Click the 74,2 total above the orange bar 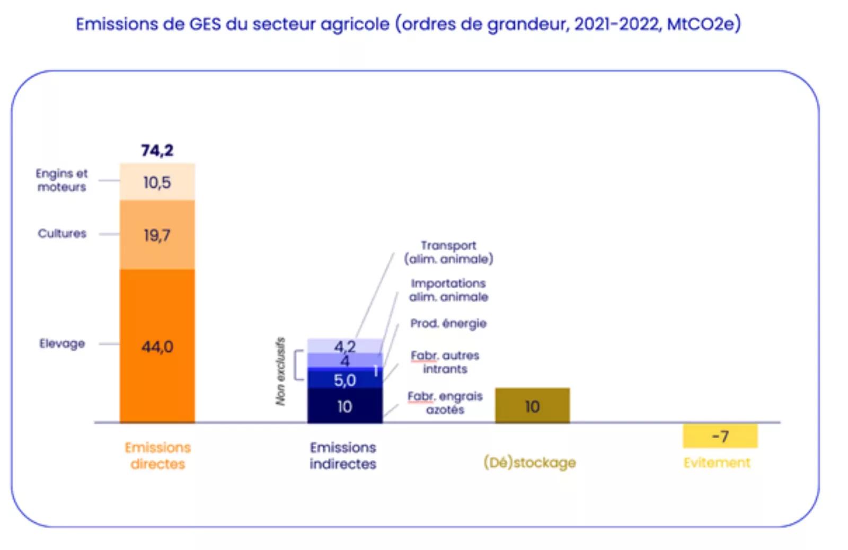pyautogui.click(x=157, y=150)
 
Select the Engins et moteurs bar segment pyautogui.click(x=157, y=182)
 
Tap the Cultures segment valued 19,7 pyautogui.click(x=157, y=235)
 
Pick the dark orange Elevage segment pyautogui.click(x=157, y=345)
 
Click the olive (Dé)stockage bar pyautogui.click(x=532, y=405)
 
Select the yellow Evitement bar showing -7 pyautogui.click(x=720, y=436)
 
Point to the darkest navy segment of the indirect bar pyautogui.click(x=345, y=405)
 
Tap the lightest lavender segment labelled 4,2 pyautogui.click(x=345, y=346)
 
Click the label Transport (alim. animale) pyautogui.click(x=448, y=252)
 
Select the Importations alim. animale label pyautogui.click(x=448, y=290)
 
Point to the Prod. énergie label pyautogui.click(x=448, y=323)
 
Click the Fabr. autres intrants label pyautogui.click(x=445, y=362)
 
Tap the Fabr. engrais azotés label pyautogui.click(x=445, y=403)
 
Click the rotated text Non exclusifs pyautogui.click(x=280, y=371)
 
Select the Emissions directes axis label pyautogui.click(x=158, y=456)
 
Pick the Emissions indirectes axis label pyautogui.click(x=343, y=456)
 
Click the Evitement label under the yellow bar pyautogui.click(x=717, y=463)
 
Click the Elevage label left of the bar pyautogui.click(x=62, y=344)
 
